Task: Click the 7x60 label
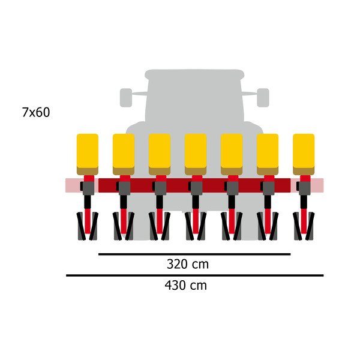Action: (36, 112)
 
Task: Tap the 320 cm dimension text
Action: (188, 264)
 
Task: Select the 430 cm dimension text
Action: (186, 286)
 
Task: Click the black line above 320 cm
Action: (194, 254)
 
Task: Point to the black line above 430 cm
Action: (194, 275)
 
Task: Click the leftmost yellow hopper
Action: (88, 154)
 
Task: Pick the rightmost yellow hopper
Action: (304, 154)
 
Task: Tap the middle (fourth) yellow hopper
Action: (196, 154)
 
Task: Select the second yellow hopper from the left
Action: (124, 154)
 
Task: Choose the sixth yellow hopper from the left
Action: (268, 154)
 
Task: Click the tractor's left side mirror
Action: (126, 98)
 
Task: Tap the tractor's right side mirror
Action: (263, 98)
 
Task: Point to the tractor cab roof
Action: (194, 74)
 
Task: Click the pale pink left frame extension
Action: (74, 185)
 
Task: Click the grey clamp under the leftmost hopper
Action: (88, 188)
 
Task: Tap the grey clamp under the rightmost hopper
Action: (304, 188)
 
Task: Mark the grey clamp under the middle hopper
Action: (196, 188)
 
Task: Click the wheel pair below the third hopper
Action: (160, 226)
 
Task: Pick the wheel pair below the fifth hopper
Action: (232, 226)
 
